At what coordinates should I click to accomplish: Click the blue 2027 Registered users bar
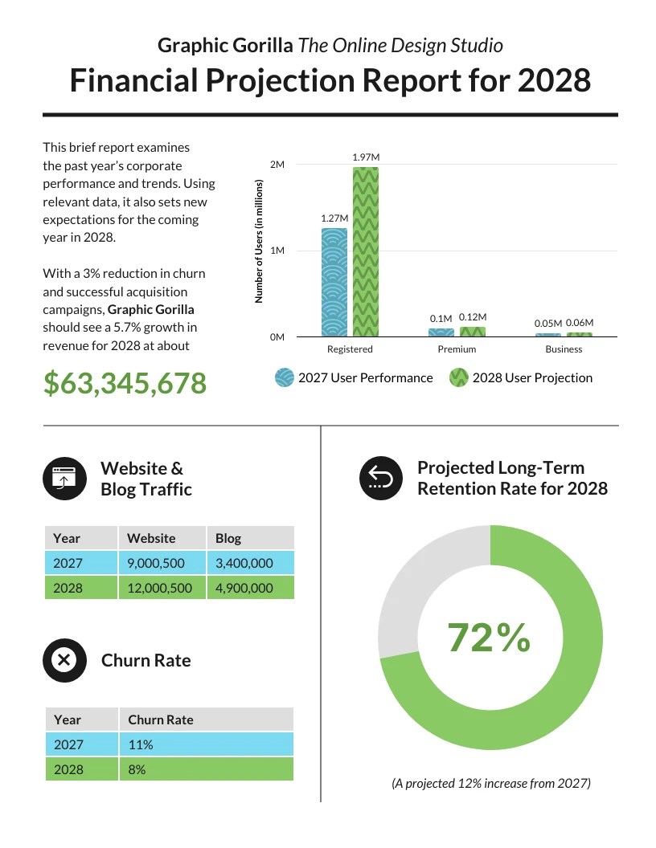point(334,283)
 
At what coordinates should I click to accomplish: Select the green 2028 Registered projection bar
point(365,252)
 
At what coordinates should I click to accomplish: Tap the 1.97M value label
point(365,157)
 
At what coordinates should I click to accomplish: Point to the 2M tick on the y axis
point(277,165)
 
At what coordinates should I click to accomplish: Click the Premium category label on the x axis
point(457,349)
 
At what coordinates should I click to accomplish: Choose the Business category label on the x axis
point(564,349)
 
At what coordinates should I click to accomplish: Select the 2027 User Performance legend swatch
point(285,377)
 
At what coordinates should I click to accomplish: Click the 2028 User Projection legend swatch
point(458,377)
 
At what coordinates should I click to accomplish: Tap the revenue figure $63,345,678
point(125,384)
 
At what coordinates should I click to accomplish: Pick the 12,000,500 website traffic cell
point(160,588)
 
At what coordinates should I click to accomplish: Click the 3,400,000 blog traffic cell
point(244,563)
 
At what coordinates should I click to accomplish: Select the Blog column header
point(228,538)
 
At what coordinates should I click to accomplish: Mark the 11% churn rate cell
point(141,744)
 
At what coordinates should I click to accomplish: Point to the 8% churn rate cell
point(137,769)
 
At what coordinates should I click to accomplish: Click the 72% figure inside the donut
point(489,638)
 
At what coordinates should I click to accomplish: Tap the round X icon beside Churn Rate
point(64,660)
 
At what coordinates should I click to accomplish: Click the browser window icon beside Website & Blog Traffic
point(64,479)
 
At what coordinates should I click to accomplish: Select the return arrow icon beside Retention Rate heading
point(380,479)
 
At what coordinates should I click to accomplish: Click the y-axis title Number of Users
point(259,241)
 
